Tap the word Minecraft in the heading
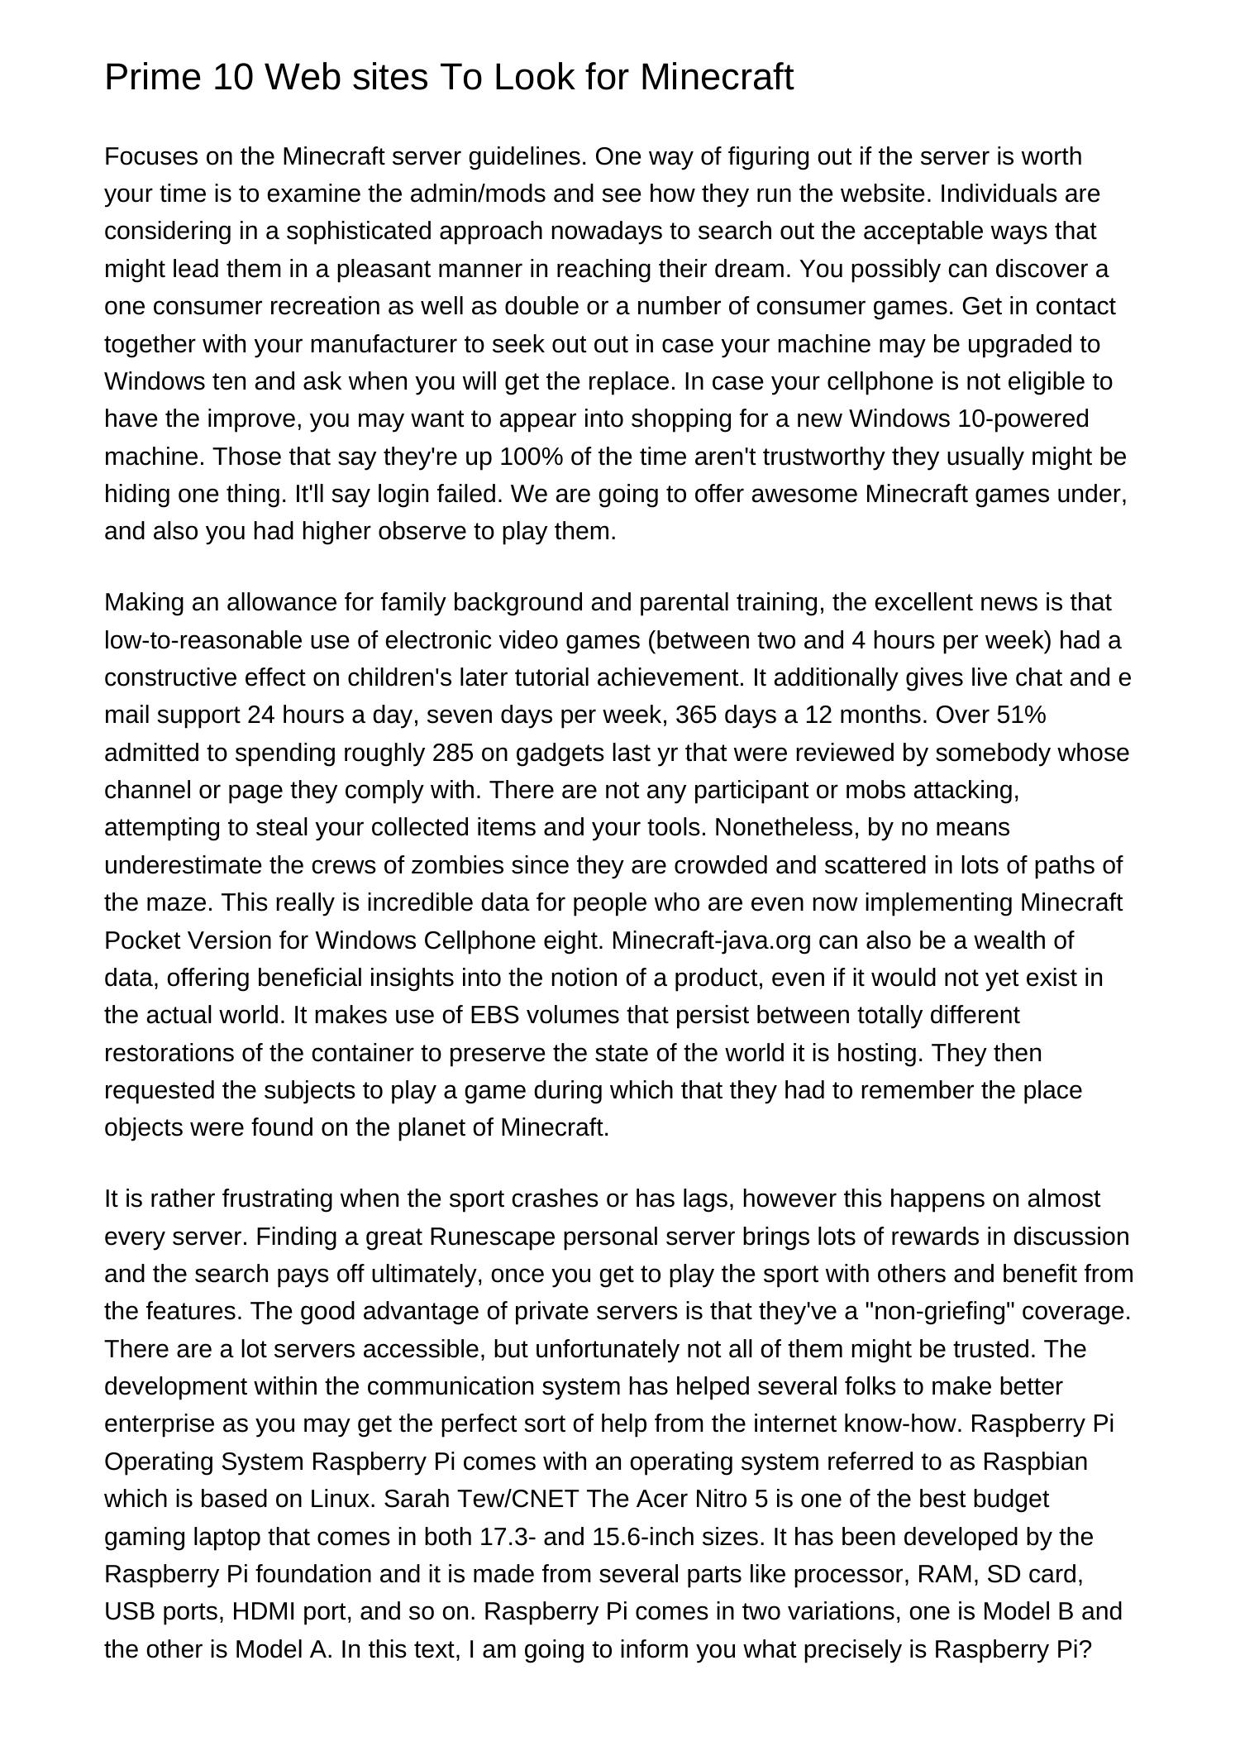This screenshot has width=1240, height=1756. point(717,78)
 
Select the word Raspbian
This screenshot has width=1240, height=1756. point(1035,1462)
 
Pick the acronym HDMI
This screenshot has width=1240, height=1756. point(265,1611)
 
